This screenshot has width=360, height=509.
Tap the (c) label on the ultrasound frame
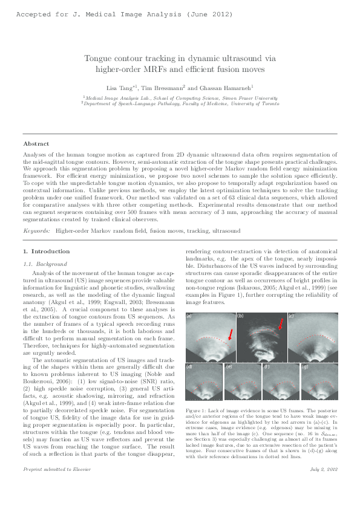tap(291, 316)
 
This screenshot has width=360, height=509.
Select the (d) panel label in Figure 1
tap(189, 366)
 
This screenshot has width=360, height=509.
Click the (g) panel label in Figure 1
tap(304, 366)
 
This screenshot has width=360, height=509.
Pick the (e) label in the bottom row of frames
tap(229, 366)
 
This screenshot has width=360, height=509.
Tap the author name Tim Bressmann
tap(168, 87)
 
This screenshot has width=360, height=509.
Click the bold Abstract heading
tap(36, 143)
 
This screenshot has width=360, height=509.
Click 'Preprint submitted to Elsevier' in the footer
tap(50, 485)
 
